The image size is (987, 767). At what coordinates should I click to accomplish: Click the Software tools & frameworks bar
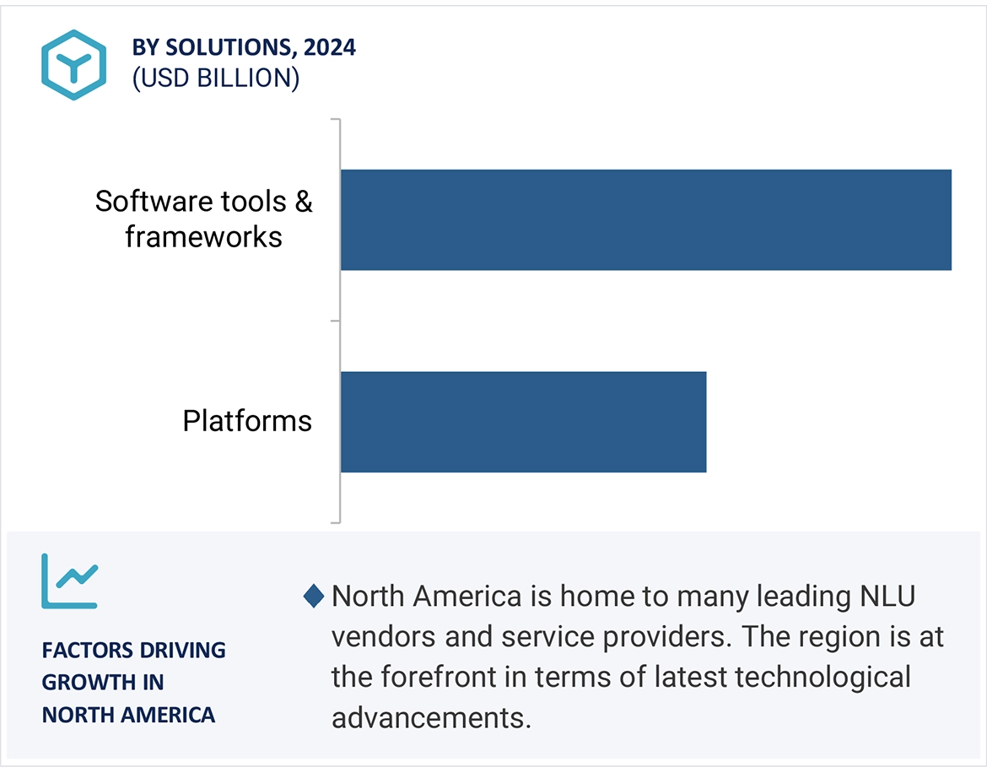[646, 219]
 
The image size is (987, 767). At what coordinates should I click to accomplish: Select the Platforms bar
[523, 422]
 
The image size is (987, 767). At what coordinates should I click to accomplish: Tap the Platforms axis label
[247, 421]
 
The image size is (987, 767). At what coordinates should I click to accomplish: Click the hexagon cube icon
[73, 65]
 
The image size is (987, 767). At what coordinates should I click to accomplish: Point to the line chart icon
[70, 581]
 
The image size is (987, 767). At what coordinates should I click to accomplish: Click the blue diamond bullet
[314, 596]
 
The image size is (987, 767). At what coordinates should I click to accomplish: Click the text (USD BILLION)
[216, 78]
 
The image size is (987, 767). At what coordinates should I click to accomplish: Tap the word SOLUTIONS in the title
[231, 48]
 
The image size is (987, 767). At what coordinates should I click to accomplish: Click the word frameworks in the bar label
[204, 237]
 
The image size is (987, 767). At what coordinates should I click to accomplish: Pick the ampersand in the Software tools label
[304, 202]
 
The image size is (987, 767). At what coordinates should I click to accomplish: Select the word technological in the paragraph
[822, 678]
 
